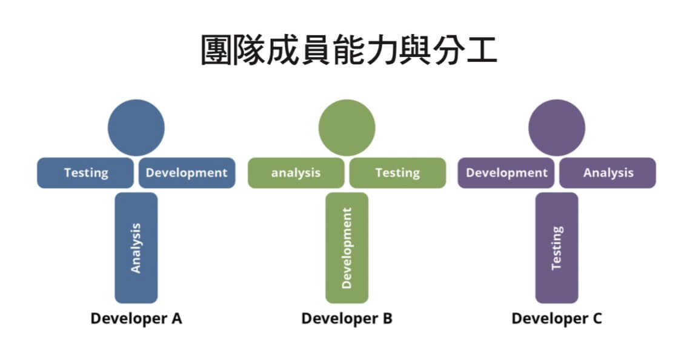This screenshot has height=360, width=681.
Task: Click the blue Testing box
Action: [x=85, y=173]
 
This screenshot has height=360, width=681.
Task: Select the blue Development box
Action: [x=187, y=173]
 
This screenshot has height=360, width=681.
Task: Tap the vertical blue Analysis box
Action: [x=136, y=248]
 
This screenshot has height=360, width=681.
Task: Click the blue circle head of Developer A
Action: [x=136, y=128]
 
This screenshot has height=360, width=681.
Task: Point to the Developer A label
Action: [x=136, y=318]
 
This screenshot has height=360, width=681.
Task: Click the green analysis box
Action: [x=296, y=173]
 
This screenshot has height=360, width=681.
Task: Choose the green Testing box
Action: [x=397, y=173]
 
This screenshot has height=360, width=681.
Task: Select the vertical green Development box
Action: [x=347, y=248]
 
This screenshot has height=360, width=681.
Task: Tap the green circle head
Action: [x=347, y=128]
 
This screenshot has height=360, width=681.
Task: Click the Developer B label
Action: [x=347, y=318]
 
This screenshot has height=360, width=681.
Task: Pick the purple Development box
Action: [x=506, y=173]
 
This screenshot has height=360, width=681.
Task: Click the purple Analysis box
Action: [x=608, y=173]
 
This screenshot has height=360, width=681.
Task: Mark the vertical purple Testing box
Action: [x=557, y=248]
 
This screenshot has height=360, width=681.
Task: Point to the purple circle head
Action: [x=557, y=128]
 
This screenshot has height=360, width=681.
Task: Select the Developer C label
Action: [x=557, y=318]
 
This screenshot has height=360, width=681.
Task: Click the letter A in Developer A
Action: [x=176, y=318]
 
